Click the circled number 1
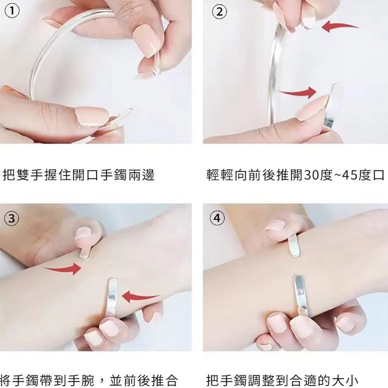[12, 12]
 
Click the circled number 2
[219, 12]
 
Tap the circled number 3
[12, 218]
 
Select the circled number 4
[217, 218]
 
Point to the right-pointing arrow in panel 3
[63, 269]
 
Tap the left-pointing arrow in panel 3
[141, 297]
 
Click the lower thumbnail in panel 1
[92, 115]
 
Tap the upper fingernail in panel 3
[84, 235]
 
